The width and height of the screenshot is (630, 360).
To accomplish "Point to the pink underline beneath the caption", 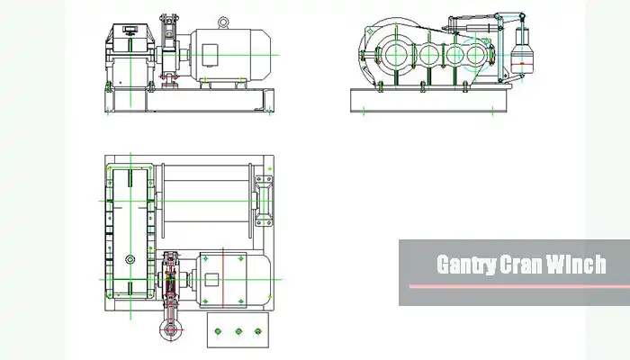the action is tap(519, 286).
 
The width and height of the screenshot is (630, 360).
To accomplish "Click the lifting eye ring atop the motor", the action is tap(223, 22).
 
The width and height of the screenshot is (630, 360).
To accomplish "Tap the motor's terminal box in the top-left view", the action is tap(210, 55).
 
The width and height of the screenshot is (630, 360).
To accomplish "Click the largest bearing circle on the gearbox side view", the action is tap(395, 54).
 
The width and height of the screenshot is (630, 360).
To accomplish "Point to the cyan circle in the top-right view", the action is tap(476, 55).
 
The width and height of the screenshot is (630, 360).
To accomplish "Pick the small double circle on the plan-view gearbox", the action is tap(130, 260).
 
